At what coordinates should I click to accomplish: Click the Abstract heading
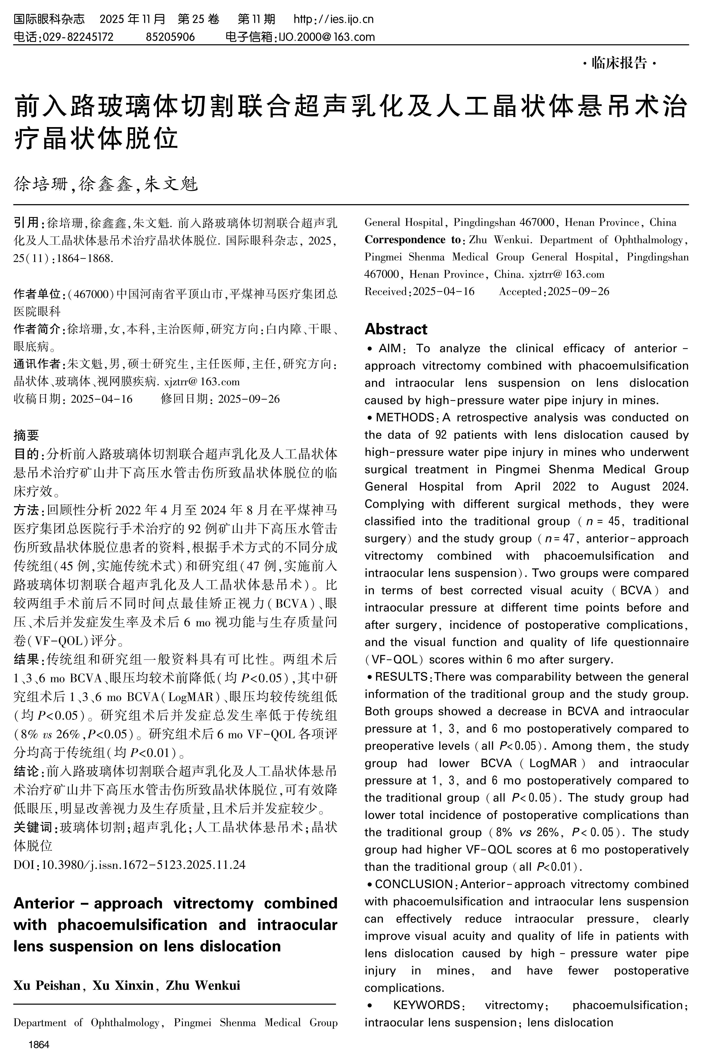click(x=396, y=329)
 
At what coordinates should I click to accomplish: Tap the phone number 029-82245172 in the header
click(x=78, y=37)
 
